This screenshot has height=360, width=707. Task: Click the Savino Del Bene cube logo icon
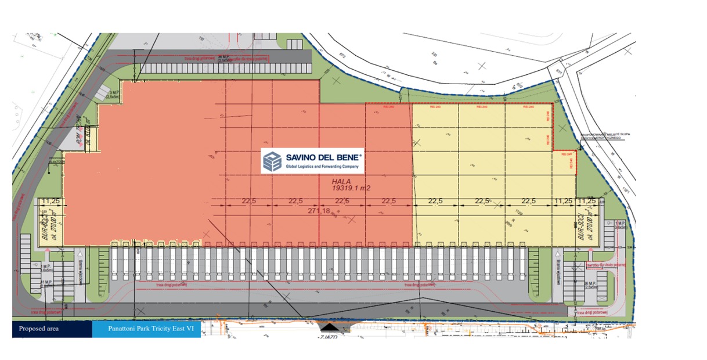[x=272, y=161]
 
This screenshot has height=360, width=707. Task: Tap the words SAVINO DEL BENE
[x=323, y=157]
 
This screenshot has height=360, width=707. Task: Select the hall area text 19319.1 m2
[x=351, y=188]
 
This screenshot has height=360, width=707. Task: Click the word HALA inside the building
[x=342, y=181]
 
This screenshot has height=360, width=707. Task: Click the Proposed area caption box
[x=52, y=329]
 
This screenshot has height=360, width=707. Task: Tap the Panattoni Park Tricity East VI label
[x=146, y=329]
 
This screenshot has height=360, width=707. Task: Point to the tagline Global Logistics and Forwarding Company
[x=323, y=167]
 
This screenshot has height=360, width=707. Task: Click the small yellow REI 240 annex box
[x=562, y=162]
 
